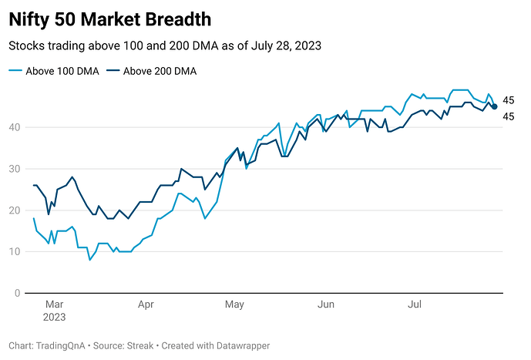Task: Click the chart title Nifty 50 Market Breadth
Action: coord(110,19)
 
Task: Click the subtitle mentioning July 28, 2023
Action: coord(164,46)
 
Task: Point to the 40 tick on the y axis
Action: coord(15,127)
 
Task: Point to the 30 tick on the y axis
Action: coord(15,169)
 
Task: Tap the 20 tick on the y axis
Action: coord(15,210)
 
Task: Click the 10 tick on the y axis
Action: coord(15,252)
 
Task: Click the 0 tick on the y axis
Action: coord(17,294)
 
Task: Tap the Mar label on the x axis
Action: coord(54,304)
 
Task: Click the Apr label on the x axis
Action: coord(146,304)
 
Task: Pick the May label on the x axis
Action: coord(234,304)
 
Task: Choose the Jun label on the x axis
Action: coord(326,304)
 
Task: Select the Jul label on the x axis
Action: coord(415,304)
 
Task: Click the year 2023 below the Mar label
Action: coord(54,317)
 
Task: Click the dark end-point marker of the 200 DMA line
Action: coord(494,106)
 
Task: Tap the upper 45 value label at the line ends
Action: coord(509,100)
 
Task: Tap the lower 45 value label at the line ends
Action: coord(509,116)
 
